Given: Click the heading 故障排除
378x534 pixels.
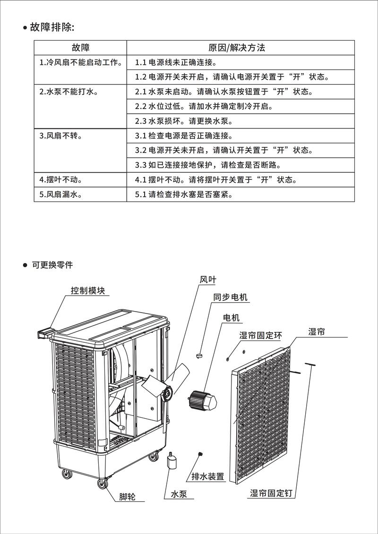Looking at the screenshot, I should (x=52, y=27).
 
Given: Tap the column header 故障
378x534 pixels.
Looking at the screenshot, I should (x=81, y=48).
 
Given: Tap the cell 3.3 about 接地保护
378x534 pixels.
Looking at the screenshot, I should (x=208, y=165).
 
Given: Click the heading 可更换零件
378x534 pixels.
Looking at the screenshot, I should (x=52, y=265).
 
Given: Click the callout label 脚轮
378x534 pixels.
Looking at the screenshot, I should (x=127, y=496).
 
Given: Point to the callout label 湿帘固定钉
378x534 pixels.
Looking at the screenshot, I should (x=272, y=493).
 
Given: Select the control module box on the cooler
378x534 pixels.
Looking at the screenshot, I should (x=45, y=332).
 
